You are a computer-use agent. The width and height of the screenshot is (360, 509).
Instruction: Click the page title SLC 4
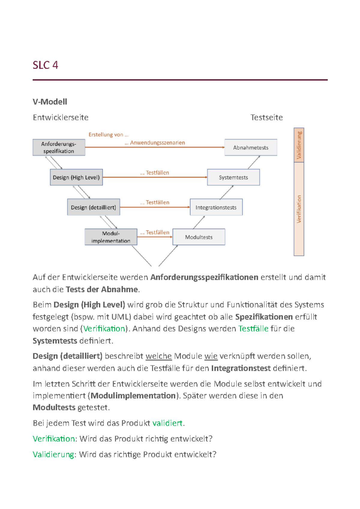pos(45,65)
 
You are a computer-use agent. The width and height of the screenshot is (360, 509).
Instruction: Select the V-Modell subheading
pos(50,102)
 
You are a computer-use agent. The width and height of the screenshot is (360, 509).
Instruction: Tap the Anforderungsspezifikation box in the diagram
pos(59,147)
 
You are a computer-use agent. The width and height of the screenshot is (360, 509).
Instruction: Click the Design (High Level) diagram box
pos(76,177)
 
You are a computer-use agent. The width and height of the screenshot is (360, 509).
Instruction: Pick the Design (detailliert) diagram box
pos(93,207)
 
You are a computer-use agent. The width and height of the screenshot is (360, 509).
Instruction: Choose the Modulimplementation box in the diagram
pos(111,237)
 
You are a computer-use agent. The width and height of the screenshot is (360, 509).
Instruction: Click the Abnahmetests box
pos(251,147)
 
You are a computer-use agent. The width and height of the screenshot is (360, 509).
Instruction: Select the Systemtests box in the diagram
pos(233,177)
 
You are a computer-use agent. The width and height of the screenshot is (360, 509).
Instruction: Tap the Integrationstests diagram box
pos(216,207)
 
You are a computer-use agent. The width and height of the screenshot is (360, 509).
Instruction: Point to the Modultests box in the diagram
pos(199,237)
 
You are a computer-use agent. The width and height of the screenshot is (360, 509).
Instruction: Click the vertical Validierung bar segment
pos(299,145)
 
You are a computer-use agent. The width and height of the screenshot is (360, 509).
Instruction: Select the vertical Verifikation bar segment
pos(299,209)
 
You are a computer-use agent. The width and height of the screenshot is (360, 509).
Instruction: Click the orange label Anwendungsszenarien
pos(157,143)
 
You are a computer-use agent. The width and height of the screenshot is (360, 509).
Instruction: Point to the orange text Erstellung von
pos(108,135)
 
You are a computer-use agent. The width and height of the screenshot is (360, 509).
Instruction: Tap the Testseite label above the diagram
pos(266,118)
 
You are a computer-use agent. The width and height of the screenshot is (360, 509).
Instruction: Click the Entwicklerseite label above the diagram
pos(61,118)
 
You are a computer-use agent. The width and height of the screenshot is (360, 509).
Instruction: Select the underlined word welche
pos(158,356)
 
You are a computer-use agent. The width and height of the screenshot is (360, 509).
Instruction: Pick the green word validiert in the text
pos(167,423)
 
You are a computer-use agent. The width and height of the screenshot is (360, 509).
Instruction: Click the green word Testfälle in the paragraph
pos(253,329)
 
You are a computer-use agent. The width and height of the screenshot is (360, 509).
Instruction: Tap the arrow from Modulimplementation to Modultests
pos(155,237)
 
